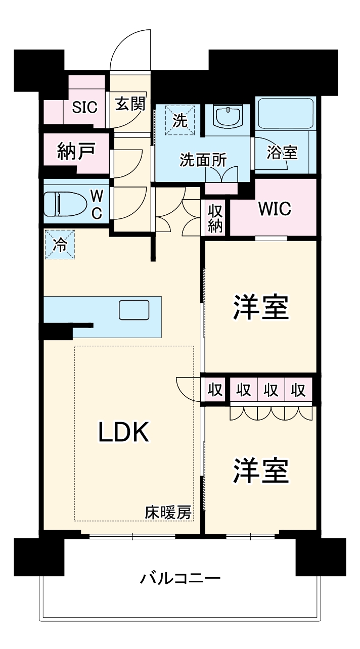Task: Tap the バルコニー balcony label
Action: coord(180,578)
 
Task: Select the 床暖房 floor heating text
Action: coord(168,513)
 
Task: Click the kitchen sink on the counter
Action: coord(134,310)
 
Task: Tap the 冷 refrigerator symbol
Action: coord(60,245)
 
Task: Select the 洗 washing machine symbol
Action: coord(180,120)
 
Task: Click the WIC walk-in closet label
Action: coord(275,208)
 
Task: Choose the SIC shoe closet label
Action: coord(84,107)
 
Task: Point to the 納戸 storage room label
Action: coord(76,152)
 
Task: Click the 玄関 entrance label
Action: coord(130,104)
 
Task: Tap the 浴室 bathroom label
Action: coord(283,153)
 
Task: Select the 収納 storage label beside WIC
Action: coord(215,218)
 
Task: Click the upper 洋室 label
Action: coord(260,308)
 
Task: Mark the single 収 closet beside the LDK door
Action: coord(215,390)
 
